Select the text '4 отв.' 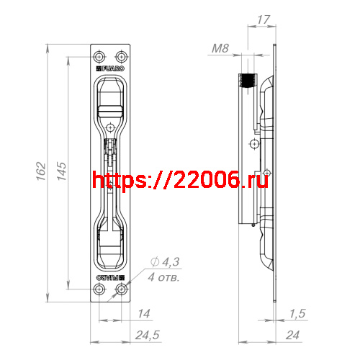[x=163, y=276]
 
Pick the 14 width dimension [x=143, y=314]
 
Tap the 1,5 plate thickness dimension [x=296, y=314]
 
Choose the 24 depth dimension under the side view [x=292, y=335]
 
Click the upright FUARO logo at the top [x=112, y=70]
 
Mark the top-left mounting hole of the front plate [x=100, y=56]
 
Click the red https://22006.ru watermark [x=180, y=180]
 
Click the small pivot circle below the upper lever [x=110, y=127]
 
